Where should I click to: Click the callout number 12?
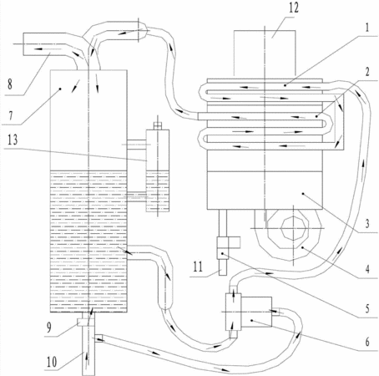point(294,8)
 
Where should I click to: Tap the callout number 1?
point(367,28)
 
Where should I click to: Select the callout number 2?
point(367,72)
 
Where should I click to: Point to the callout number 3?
point(367,223)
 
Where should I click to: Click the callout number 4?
point(367,269)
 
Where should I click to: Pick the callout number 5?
point(367,308)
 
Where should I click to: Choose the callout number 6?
point(367,342)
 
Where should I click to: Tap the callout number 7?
point(11,115)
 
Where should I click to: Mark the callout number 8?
point(10,84)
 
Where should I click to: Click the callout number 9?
point(49,328)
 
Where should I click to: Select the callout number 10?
point(52,362)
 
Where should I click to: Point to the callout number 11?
point(198,267)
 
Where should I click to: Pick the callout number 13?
point(13,140)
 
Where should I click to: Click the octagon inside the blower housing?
point(294,228)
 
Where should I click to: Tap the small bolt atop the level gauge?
point(158,126)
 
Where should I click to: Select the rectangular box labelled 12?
point(265,53)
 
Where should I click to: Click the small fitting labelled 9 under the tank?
point(83,323)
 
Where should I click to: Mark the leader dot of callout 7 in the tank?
point(60,89)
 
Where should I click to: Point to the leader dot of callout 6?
point(251,320)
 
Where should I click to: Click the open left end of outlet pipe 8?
point(23,44)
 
